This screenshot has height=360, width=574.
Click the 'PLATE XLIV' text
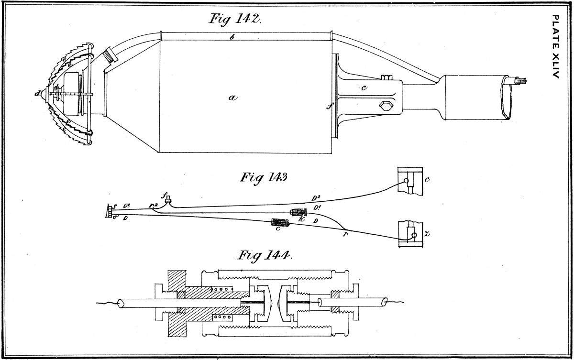(x=555, y=47)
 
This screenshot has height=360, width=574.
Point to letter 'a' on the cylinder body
(x=233, y=97)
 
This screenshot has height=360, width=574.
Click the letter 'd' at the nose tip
(x=37, y=94)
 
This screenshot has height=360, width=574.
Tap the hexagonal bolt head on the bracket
(x=385, y=105)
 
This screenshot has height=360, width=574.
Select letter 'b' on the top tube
(x=232, y=37)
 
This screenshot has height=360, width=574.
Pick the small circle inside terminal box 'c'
(x=406, y=182)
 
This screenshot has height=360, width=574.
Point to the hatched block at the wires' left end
(x=110, y=210)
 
